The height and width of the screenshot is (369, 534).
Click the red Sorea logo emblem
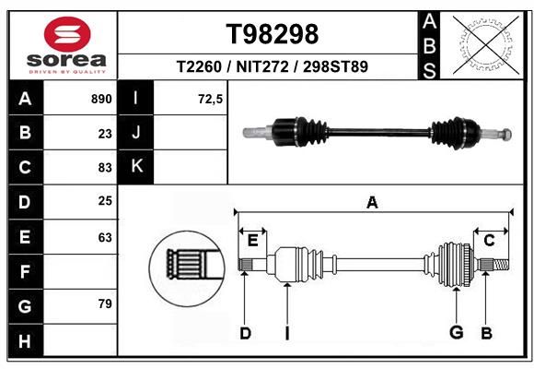click(x=67, y=34)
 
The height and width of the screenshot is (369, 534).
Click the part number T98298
click(x=273, y=34)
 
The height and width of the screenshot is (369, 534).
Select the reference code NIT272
click(x=262, y=66)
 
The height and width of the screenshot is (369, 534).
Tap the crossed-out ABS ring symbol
click(x=487, y=44)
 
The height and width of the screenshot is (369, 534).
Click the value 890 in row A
click(x=101, y=99)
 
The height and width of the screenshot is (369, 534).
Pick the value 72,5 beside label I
click(x=210, y=100)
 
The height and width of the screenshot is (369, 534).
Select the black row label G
click(x=26, y=306)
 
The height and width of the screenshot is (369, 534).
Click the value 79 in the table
click(x=105, y=304)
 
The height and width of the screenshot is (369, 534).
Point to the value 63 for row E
click(x=105, y=237)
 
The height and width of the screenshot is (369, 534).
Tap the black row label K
click(x=136, y=166)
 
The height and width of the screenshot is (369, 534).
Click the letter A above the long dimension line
click(x=372, y=202)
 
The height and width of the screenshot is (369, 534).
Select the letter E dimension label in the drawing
click(x=252, y=241)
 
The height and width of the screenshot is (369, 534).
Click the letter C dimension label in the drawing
click(x=489, y=241)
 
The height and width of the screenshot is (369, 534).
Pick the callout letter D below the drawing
click(x=245, y=333)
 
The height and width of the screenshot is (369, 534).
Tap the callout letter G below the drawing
click(x=457, y=332)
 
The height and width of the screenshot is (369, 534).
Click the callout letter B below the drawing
click(x=487, y=333)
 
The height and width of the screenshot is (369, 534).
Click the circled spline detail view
click(x=187, y=268)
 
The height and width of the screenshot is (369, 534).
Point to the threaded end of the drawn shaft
click(x=501, y=265)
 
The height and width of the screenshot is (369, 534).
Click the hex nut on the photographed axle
click(x=506, y=134)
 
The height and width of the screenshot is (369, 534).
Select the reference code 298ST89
click(x=335, y=66)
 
